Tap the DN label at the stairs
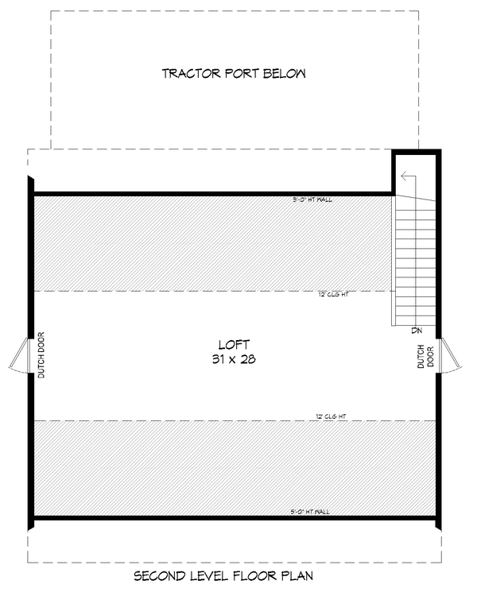point(417,330)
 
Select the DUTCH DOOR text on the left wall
point(41,354)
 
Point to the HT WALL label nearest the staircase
point(312,199)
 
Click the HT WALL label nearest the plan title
point(312,511)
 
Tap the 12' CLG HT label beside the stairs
point(334,295)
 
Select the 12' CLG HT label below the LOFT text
point(334,416)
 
